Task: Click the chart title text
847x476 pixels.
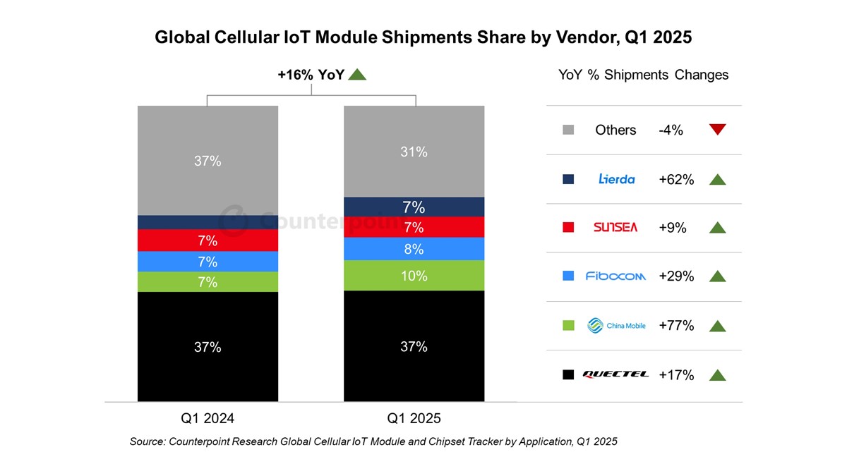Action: pyautogui.click(x=423, y=38)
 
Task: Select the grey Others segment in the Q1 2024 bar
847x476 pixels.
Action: pyautogui.click(x=208, y=160)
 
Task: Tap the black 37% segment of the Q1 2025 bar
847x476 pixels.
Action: pyautogui.click(x=414, y=346)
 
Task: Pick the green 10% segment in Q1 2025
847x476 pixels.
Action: pyautogui.click(x=414, y=276)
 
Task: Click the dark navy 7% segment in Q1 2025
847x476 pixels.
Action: pyautogui.click(x=414, y=207)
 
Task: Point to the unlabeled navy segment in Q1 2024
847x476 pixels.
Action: pyautogui.click(x=208, y=222)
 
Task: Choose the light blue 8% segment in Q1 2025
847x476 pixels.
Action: pyautogui.click(x=414, y=249)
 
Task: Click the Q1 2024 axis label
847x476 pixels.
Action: pyautogui.click(x=208, y=418)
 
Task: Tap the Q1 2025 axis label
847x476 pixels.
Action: pyautogui.click(x=414, y=418)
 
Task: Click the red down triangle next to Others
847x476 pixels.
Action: pyautogui.click(x=717, y=130)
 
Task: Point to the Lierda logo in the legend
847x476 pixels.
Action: pyautogui.click(x=616, y=179)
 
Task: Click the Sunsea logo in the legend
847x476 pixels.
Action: pyautogui.click(x=616, y=228)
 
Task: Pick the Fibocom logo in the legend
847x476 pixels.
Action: pyautogui.click(x=616, y=276)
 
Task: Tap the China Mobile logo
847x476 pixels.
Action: pyautogui.click(x=616, y=325)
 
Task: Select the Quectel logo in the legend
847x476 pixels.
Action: pyautogui.click(x=616, y=374)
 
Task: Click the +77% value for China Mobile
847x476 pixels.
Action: pyautogui.click(x=676, y=325)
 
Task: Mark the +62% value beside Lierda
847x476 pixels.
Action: pyautogui.click(x=676, y=179)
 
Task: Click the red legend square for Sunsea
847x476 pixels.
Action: pyautogui.click(x=568, y=228)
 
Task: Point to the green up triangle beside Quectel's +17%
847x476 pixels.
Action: pyautogui.click(x=717, y=374)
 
